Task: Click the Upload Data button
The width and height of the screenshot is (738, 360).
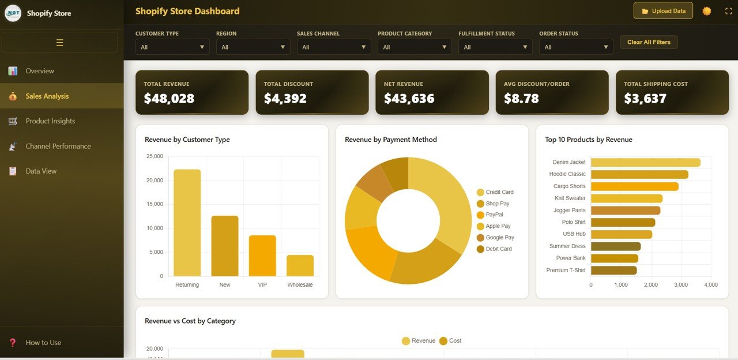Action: click(x=663, y=11)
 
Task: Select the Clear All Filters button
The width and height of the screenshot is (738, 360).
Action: click(x=649, y=42)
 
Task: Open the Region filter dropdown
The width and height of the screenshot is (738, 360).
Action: click(x=253, y=47)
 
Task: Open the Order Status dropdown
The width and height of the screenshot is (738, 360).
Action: click(x=576, y=47)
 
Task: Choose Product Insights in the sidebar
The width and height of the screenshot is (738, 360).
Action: click(x=50, y=121)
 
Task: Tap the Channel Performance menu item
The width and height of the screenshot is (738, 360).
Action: click(x=58, y=147)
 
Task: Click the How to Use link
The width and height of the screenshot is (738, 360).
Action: click(x=43, y=343)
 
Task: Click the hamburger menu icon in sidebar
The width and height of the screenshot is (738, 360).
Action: click(x=60, y=43)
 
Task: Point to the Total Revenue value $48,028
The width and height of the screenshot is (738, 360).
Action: click(x=169, y=99)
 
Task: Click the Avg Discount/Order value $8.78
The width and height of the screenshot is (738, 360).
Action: click(x=521, y=99)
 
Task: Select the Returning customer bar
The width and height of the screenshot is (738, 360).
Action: click(x=187, y=223)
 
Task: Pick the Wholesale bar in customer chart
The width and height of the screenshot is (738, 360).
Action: click(x=300, y=265)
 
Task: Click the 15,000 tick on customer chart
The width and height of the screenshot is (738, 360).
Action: click(x=155, y=204)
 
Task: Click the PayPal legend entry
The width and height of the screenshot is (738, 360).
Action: click(x=494, y=215)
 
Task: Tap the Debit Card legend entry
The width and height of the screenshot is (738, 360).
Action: click(x=498, y=249)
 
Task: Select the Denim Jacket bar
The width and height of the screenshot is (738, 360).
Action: click(x=645, y=163)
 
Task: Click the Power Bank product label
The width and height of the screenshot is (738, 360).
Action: click(x=570, y=258)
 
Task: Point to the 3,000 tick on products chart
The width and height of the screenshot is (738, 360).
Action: click(x=681, y=285)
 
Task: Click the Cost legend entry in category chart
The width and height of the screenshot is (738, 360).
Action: click(x=454, y=341)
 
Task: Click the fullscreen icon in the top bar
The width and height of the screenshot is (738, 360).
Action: click(x=728, y=11)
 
